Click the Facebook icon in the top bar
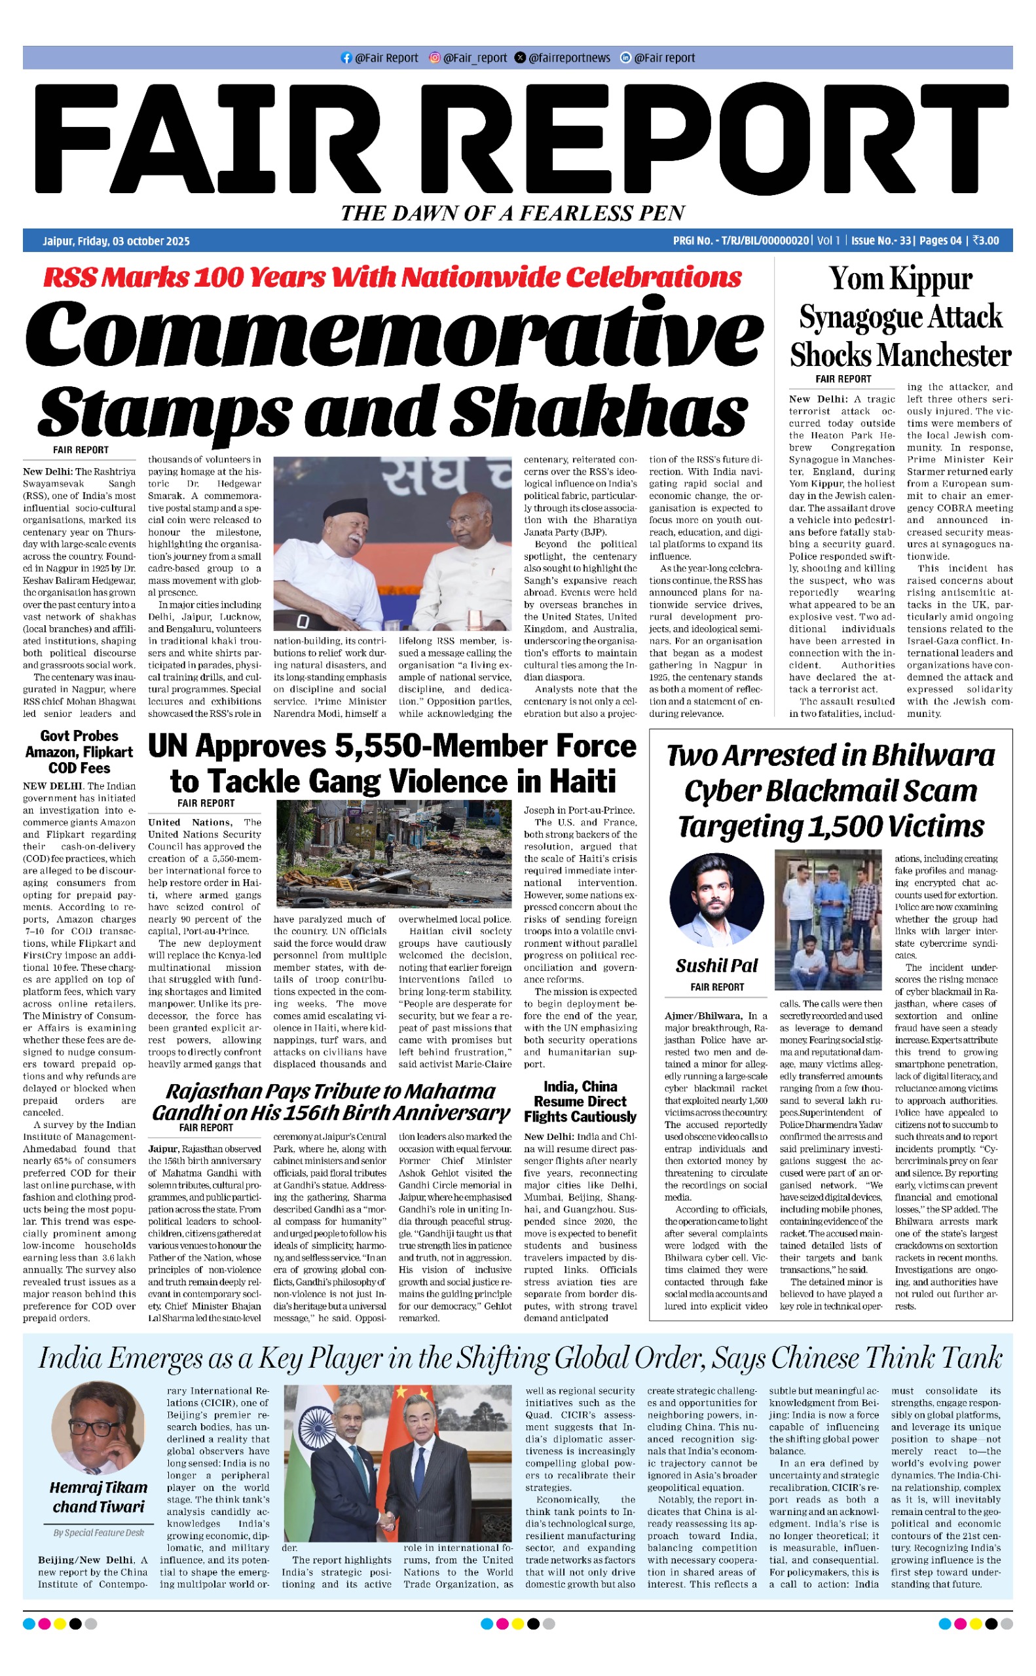click(346, 58)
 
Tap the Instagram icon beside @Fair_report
click(434, 58)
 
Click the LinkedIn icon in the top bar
click(625, 58)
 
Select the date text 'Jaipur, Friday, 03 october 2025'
click(116, 241)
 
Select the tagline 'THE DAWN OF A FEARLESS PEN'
click(513, 213)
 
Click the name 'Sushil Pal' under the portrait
click(716, 966)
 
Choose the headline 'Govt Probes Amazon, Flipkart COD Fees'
click(79, 752)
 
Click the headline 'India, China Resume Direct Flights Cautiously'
click(580, 1102)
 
